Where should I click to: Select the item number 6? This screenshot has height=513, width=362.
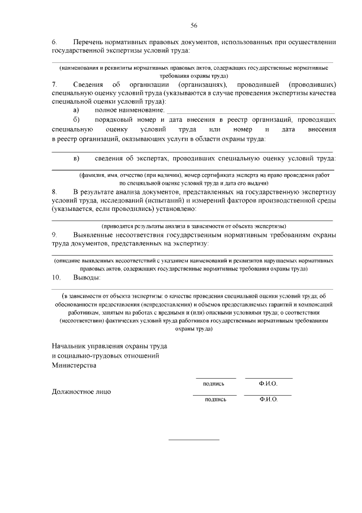tap(54, 43)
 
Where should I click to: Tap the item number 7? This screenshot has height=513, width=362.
tap(54, 84)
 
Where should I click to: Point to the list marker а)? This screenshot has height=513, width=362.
tap(77, 109)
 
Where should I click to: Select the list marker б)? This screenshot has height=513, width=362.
tap(77, 120)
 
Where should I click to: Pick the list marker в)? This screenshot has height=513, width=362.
tap(77, 158)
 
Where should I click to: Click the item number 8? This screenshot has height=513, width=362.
tap(54, 193)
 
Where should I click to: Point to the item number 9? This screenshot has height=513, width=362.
tap(54, 235)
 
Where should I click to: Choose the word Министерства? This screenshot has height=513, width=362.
tap(74, 366)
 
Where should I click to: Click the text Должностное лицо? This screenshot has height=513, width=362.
tap(81, 391)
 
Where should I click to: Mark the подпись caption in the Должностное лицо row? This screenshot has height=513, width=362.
tap(215, 399)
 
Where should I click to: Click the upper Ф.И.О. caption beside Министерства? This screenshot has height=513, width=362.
tap(269, 384)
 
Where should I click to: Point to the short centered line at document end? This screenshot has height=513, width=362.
tap(194, 440)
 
